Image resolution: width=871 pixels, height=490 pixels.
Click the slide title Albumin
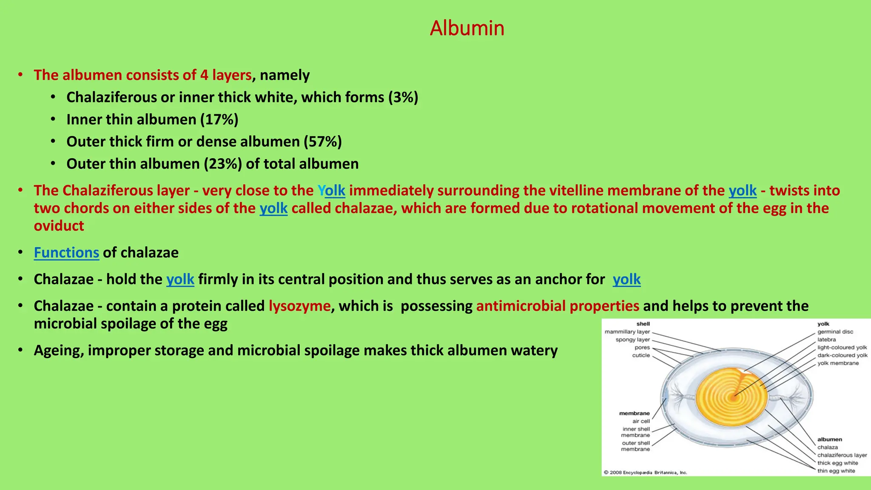click(467, 28)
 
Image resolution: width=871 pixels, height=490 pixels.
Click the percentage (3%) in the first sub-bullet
click(403, 97)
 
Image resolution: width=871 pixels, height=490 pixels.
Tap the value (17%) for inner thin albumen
click(219, 120)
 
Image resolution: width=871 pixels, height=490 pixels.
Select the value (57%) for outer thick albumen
click(322, 142)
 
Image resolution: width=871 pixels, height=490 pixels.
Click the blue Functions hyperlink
click(66, 253)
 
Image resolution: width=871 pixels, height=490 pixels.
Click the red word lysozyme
click(299, 306)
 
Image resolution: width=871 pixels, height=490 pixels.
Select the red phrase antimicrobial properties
click(558, 306)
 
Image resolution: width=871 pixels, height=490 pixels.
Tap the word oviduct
click(59, 226)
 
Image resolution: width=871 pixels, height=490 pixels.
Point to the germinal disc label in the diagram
click(835, 332)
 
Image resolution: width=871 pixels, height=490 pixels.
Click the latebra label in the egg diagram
click(826, 339)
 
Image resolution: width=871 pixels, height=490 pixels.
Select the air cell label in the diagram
click(641, 421)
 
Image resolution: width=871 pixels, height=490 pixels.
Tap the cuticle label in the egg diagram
click(641, 355)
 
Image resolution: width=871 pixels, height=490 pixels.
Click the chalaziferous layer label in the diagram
click(842, 455)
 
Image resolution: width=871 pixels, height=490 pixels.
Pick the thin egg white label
click(836, 471)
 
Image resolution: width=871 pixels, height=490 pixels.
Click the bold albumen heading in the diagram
click(829, 439)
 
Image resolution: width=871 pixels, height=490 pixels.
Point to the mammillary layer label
click(627, 332)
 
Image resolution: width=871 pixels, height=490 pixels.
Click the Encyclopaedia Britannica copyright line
click(645, 473)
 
